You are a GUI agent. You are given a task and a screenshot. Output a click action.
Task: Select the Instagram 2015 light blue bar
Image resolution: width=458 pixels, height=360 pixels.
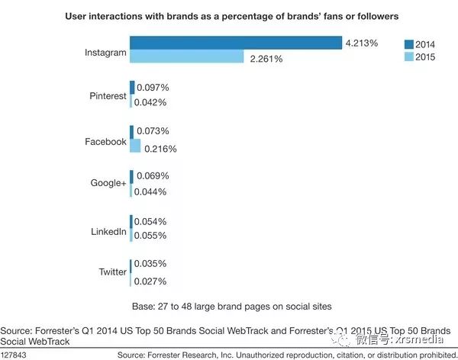(186, 57)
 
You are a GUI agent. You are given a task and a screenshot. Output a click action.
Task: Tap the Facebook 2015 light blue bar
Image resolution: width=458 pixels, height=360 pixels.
(136, 146)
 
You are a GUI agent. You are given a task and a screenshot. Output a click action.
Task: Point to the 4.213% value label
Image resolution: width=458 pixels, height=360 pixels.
(361, 43)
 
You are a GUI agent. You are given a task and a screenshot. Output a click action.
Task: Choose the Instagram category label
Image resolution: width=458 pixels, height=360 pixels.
(105, 52)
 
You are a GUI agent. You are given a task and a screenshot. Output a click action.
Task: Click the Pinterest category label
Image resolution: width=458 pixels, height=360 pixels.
(108, 96)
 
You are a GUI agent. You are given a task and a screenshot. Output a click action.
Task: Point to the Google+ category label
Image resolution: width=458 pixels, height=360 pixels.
(108, 185)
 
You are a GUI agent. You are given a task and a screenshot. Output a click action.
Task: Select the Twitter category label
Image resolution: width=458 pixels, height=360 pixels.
(113, 272)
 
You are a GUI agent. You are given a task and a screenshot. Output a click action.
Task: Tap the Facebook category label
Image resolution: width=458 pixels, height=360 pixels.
(105, 141)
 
